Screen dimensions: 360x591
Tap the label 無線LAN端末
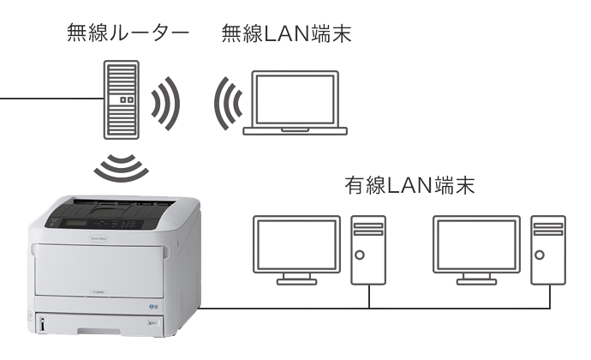coord(286,34)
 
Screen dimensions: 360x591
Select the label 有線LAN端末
coord(409,185)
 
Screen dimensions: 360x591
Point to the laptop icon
coord(296,102)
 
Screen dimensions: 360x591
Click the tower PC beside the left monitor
coord(369,249)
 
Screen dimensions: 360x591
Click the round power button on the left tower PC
coord(369,255)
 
